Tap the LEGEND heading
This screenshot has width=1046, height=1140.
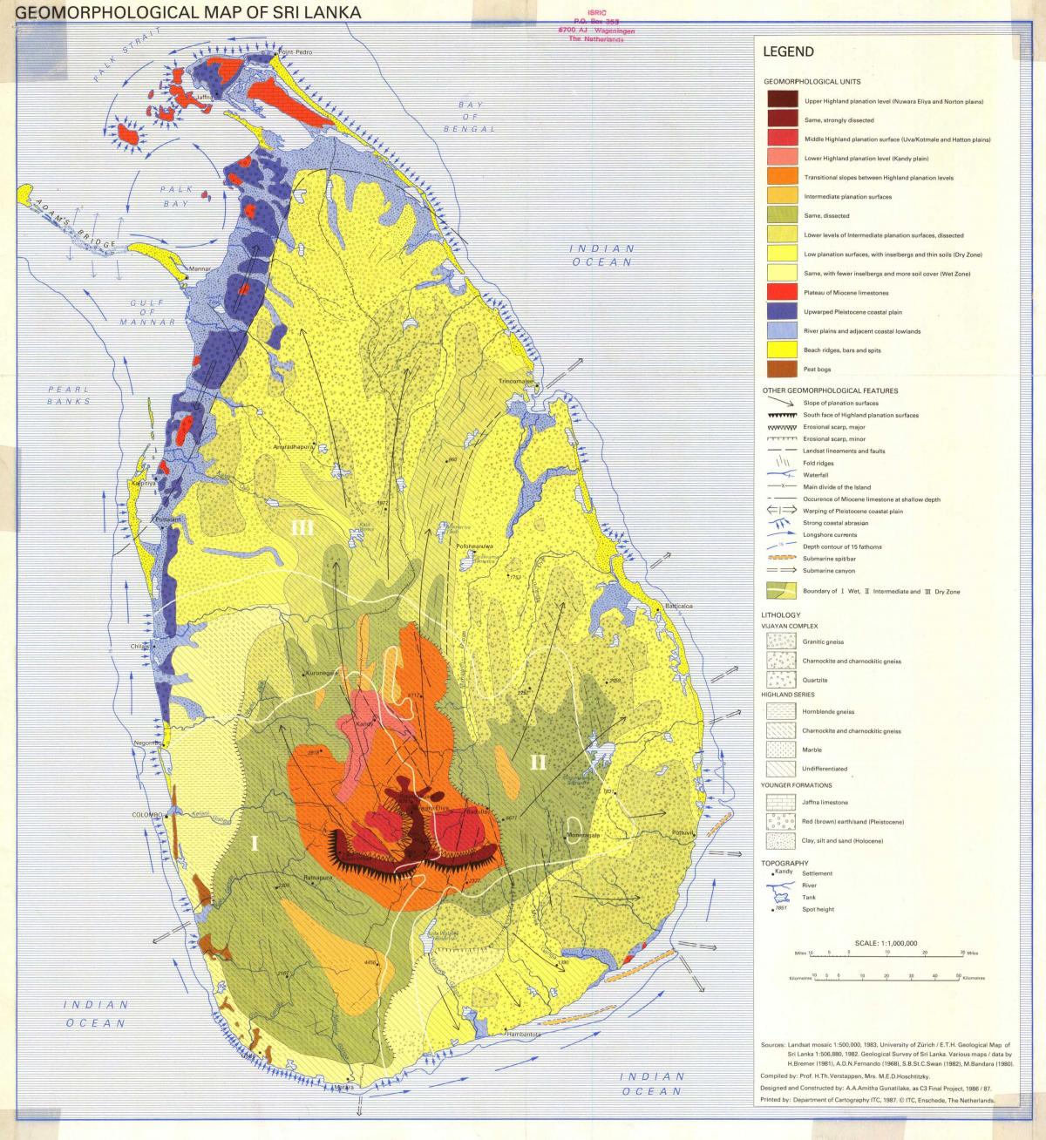[788, 52]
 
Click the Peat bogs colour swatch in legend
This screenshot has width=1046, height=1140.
[782, 370]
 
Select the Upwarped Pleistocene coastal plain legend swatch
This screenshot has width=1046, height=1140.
[782, 311]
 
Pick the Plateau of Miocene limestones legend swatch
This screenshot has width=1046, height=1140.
[782, 292]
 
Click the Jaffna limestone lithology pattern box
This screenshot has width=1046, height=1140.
[782, 803]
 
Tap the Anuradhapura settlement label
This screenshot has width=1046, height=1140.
[292, 448]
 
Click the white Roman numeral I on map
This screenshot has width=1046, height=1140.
[255, 843]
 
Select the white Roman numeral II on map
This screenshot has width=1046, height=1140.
[539, 762]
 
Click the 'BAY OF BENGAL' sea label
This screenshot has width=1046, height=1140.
[470, 117]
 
